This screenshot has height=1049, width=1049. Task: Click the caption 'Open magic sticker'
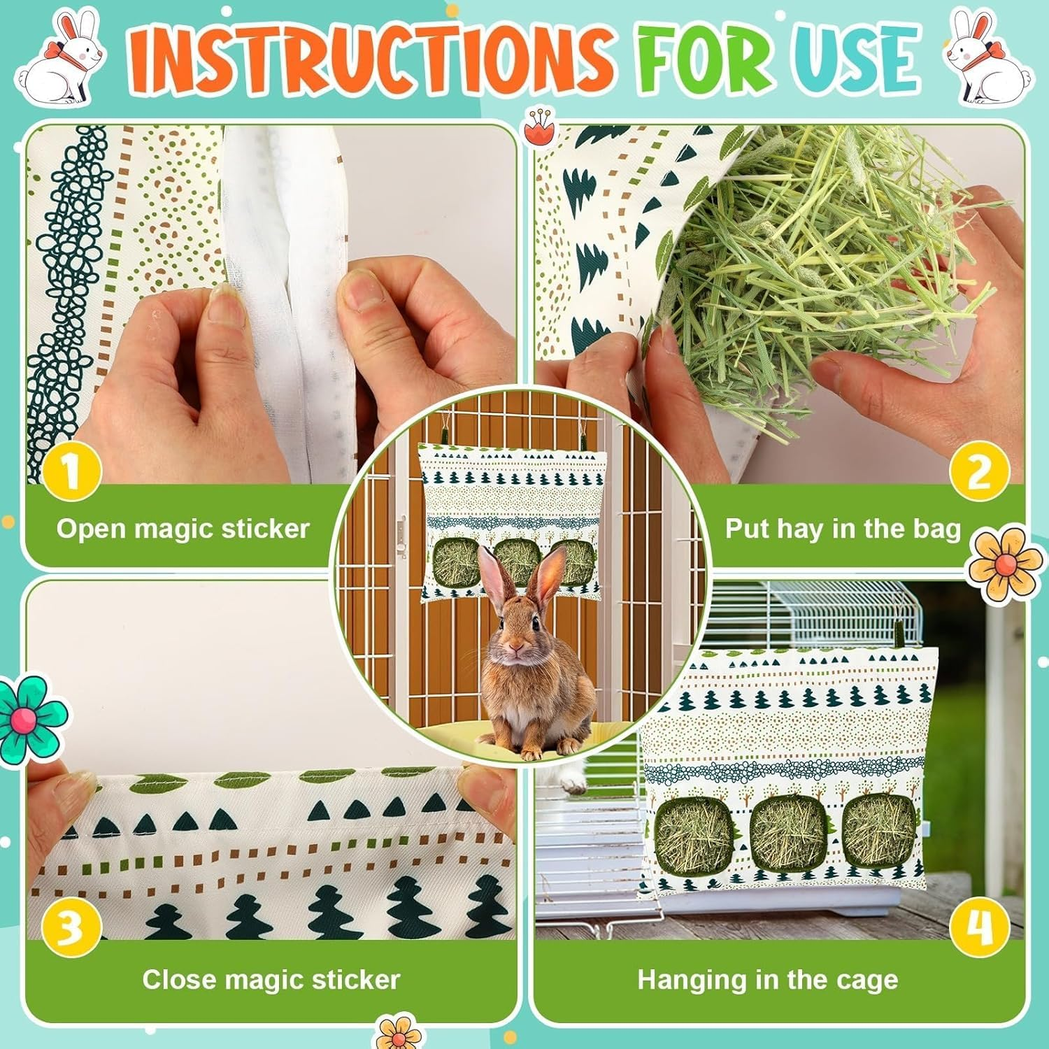pos(183,529)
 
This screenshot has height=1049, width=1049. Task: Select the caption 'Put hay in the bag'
pos(843,529)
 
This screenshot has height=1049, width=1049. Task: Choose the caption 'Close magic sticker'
pos(271,980)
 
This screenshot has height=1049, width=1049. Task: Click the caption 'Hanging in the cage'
pos(767,980)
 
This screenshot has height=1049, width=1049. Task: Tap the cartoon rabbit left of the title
pos(62,59)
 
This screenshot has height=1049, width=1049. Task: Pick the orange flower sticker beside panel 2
pos(1004,564)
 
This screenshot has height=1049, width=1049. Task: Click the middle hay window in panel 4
pos(784,833)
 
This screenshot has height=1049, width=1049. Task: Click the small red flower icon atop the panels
pos(537,127)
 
